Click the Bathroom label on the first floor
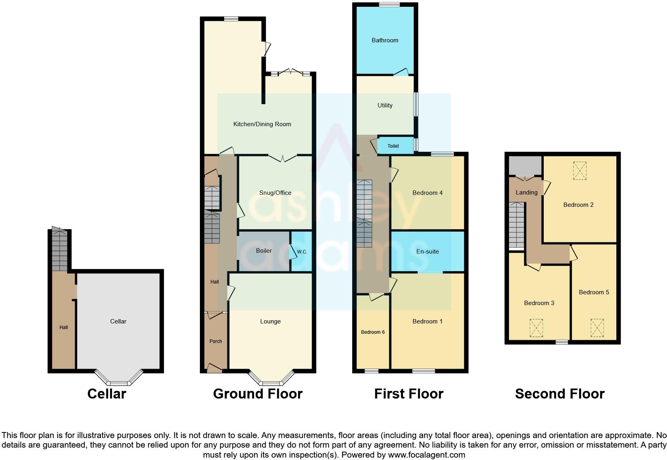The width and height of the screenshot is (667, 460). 385,40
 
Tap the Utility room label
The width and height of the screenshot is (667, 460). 385,105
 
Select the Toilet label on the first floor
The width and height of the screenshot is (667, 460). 393,146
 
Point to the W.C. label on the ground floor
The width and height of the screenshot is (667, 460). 302,252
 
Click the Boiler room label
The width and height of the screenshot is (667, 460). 264,251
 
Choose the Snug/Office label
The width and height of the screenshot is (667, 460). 275,193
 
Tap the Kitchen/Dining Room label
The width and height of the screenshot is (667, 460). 262,124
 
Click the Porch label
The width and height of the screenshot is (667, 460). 215,341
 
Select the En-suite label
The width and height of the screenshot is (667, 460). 427,252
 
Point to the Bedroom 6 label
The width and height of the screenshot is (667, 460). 373,332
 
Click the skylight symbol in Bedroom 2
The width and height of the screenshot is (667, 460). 579,171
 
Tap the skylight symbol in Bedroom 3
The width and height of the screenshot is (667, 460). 536,328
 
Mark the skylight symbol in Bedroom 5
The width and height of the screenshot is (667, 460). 597,328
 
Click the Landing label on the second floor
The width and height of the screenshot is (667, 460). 526,192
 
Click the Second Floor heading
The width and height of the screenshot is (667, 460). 559,394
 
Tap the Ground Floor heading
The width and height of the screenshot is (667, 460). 257,394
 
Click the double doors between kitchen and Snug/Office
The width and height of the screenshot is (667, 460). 282,158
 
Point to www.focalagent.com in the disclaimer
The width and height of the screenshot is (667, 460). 426,455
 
